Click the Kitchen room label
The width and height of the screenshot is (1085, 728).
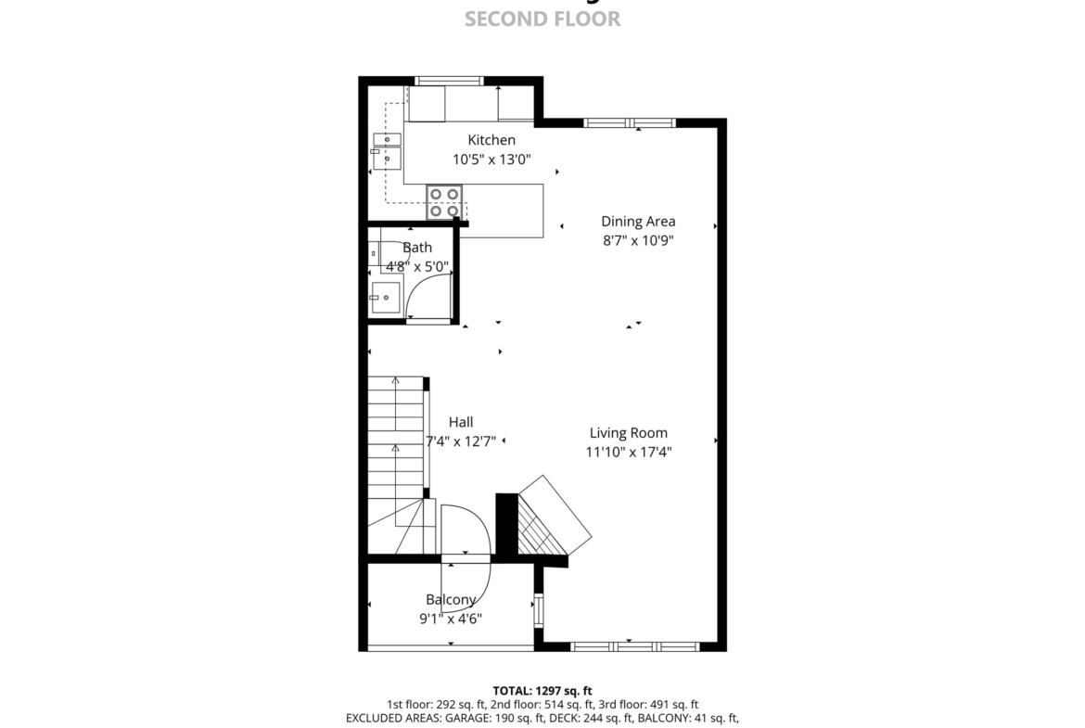(x=491, y=140)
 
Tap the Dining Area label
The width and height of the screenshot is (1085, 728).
(x=638, y=222)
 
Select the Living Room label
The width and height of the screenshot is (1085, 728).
(x=629, y=433)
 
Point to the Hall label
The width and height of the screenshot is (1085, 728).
(x=461, y=422)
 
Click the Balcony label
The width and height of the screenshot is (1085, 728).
(x=451, y=599)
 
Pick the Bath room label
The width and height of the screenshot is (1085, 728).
(x=417, y=247)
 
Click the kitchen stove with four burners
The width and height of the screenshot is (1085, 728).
(x=444, y=202)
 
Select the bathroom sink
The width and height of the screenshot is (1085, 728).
(x=386, y=298)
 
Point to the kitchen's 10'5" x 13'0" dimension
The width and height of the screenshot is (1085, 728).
(x=491, y=160)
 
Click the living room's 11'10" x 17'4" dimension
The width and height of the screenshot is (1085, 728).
(x=629, y=453)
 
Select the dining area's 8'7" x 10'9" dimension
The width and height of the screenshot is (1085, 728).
(x=638, y=241)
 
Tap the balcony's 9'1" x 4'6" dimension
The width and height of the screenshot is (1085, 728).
(x=451, y=619)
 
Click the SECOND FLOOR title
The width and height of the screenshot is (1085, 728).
(x=542, y=19)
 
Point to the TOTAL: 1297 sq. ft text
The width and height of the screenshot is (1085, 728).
(x=542, y=691)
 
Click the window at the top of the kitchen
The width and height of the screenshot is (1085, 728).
(x=449, y=81)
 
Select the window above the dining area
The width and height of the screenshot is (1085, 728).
(x=630, y=123)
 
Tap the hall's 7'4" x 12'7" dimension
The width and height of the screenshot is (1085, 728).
(x=461, y=441)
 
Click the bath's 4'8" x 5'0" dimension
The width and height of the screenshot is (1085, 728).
(x=417, y=266)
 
